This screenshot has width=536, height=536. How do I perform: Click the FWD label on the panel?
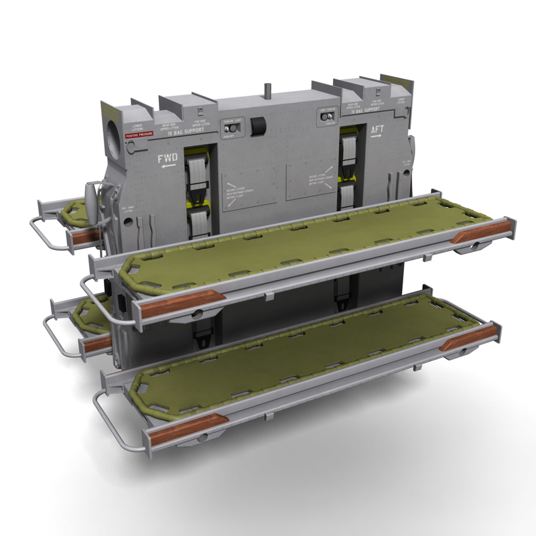[x=167, y=158]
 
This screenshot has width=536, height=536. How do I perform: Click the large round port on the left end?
[x=115, y=127]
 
